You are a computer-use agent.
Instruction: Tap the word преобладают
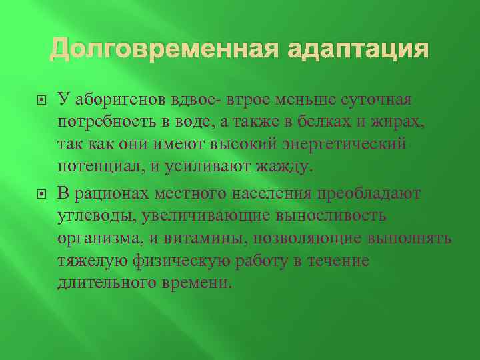pyautogui.click(x=370, y=193)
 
